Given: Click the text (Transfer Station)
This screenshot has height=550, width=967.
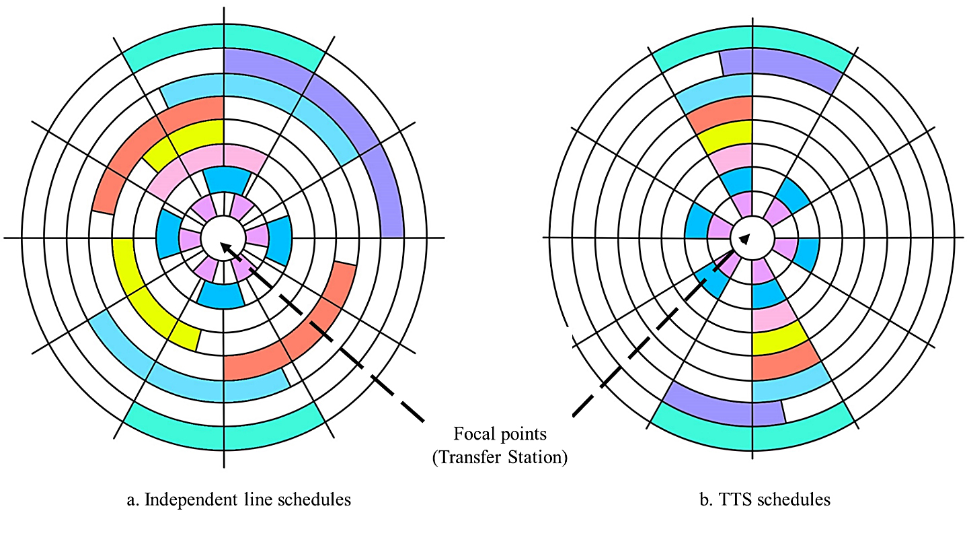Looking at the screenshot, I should point(500,458).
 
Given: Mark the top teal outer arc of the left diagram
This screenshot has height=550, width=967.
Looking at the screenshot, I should point(224,48).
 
